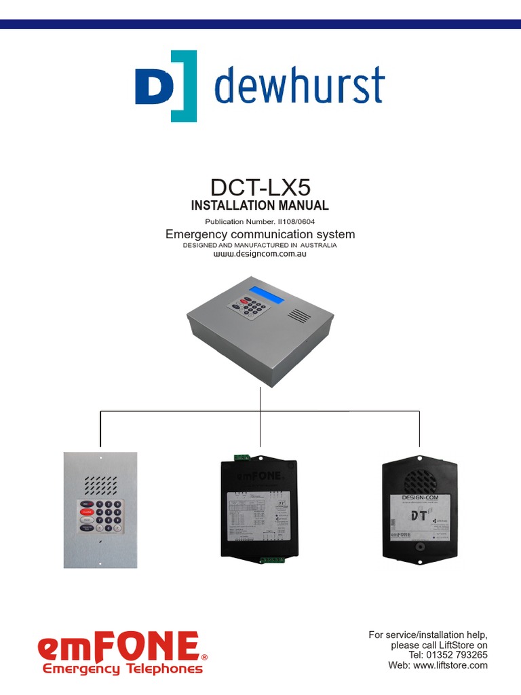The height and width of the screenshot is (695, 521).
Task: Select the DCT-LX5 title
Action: (x=260, y=187)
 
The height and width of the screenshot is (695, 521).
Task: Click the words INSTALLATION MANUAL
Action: (x=260, y=205)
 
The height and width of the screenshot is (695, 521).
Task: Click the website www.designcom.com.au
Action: (x=260, y=254)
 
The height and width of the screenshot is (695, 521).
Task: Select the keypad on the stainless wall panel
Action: (x=100, y=516)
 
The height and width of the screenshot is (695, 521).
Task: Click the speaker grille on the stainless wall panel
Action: (x=100, y=484)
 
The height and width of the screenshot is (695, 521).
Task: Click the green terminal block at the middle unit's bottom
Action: (x=272, y=560)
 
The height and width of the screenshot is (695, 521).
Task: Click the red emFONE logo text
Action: (x=119, y=647)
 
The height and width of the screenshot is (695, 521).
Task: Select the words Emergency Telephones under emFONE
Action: (x=123, y=669)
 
